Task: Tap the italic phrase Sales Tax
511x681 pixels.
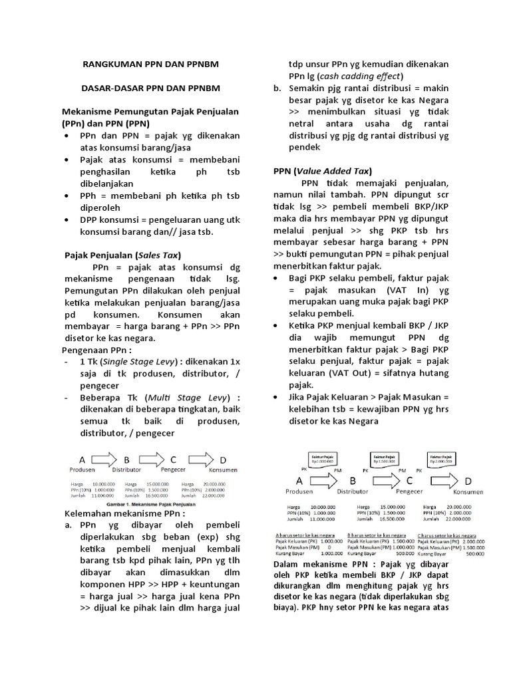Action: click(x=158, y=255)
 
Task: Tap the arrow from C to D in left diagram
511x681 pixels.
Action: click(x=202, y=460)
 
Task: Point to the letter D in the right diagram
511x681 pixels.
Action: click(x=468, y=481)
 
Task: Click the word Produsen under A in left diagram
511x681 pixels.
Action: click(x=84, y=470)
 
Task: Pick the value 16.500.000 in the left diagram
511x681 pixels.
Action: click(x=158, y=495)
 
